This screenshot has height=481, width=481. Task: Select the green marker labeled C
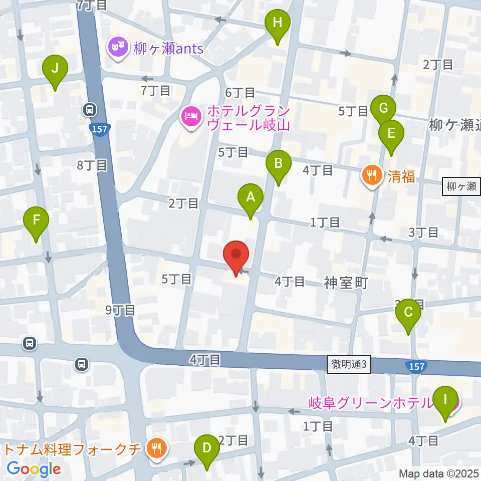pyautogui.click(x=408, y=313)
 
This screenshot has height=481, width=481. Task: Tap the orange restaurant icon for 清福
pyautogui.click(x=371, y=175)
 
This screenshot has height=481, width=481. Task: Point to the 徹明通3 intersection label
pyautogui.click(x=350, y=364)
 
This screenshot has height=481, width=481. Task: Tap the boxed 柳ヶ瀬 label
pyautogui.click(x=460, y=187)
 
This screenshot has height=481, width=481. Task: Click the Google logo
pyautogui.click(x=34, y=469)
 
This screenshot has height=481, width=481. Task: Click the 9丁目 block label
pyautogui.click(x=120, y=310)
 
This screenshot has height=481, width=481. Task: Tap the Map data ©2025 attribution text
pyautogui.click(x=439, y=473)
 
